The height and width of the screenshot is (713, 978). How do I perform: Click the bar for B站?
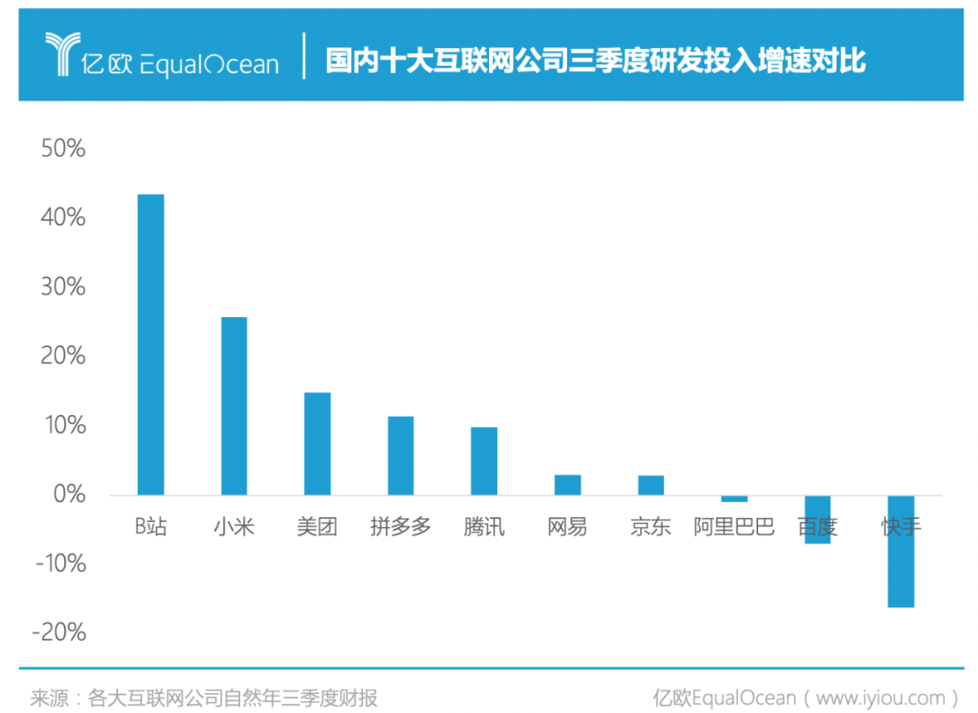coord(150,344)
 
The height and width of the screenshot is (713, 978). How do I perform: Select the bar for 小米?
coord(234,406)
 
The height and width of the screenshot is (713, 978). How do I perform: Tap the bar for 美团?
coord(317,444)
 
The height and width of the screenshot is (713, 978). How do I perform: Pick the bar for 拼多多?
coord(400,456)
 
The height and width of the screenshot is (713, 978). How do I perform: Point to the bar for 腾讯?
coord(484,461)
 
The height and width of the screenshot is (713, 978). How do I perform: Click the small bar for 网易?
coord(568,485)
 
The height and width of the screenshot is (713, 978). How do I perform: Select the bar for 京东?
coord(651,485)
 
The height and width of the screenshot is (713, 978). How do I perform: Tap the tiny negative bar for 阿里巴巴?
coord(734,498)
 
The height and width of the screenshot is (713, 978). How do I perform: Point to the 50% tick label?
coord(63,149)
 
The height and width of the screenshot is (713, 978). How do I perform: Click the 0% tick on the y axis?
coord(69,495)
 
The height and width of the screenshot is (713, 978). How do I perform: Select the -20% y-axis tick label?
coord(60,632)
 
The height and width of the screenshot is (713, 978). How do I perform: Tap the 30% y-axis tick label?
coord(63,287)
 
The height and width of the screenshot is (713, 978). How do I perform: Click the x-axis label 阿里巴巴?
coord(734,526)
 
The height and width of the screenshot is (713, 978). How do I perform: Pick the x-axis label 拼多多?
coord(400,526)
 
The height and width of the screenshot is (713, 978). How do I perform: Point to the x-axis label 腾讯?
coord(484,526)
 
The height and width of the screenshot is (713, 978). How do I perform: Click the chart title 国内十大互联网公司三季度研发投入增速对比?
coord(596,61)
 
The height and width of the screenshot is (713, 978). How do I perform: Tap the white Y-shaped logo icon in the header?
coord(63,56)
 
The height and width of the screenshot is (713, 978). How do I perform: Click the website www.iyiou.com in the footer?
coord(879,698)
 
